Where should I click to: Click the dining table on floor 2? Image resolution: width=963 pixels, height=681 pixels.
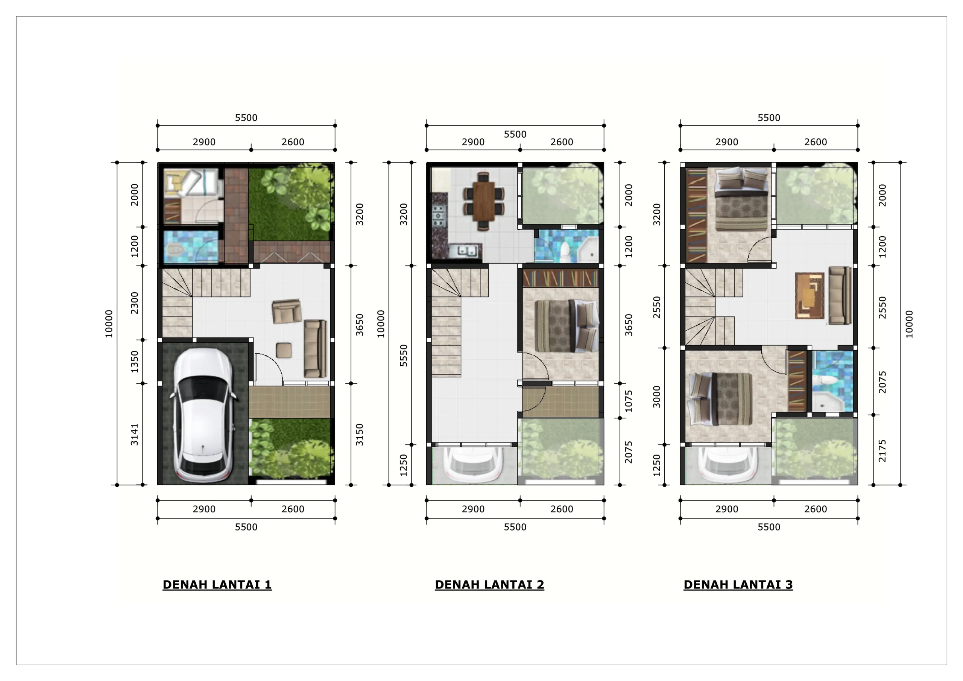pos(484,201)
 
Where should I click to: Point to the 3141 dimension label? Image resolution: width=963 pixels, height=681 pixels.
pos(134,434)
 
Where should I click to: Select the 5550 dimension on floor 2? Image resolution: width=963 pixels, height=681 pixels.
pos(404,356)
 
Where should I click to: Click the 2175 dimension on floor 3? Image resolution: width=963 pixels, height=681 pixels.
pos(882,451)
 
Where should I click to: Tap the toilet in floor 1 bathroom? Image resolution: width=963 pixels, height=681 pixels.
pos(175,251)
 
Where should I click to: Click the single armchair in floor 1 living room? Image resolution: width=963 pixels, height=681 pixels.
pos(287,311)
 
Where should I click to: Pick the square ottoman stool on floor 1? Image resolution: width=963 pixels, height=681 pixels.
pos(284,350)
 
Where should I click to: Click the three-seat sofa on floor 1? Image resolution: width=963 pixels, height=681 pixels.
pos(315,349)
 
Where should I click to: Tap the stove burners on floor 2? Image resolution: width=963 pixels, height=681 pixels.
pos(439,216)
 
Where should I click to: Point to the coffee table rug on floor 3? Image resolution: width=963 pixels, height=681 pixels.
pos(810,296)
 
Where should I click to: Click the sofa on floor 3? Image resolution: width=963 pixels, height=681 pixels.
pos(840,295)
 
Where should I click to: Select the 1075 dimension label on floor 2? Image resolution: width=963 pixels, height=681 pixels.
pos(628,401)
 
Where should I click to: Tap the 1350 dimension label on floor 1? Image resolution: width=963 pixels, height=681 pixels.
pos(134,361)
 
